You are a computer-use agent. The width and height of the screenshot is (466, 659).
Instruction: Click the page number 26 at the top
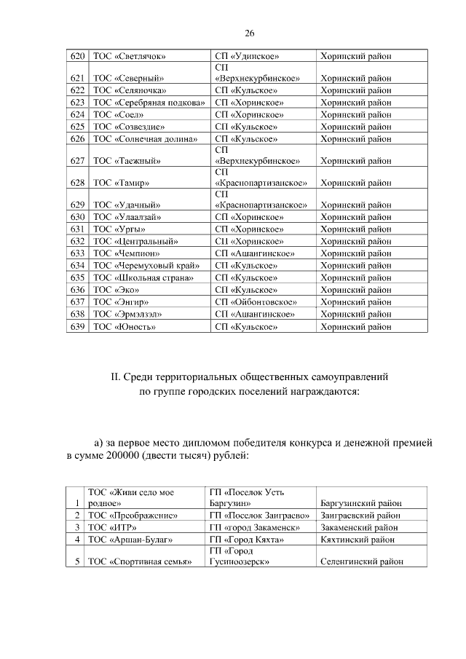(249, 33)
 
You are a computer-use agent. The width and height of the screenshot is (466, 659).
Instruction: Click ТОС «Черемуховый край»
(145, 265)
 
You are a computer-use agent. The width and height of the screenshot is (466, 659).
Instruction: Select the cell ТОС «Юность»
(124, 327)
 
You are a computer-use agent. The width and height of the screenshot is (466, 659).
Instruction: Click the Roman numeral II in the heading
(114, 379)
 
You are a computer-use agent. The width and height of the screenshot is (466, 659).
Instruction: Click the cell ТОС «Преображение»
(133, 516)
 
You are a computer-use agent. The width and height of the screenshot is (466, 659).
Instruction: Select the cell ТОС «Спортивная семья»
(139, 562)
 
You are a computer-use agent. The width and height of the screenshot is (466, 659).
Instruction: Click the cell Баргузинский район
(362, 503)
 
